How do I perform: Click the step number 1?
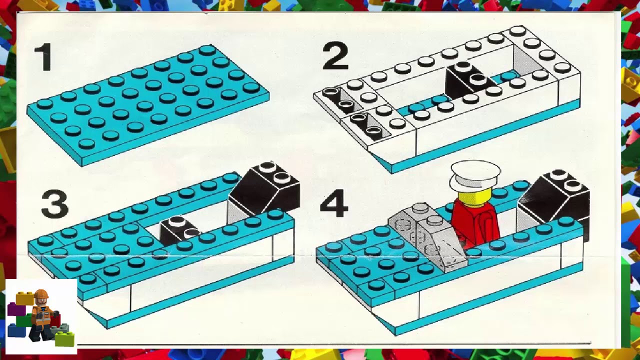tap(43, 57)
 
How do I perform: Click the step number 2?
tap(335, 56)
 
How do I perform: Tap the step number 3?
tap(54, 205)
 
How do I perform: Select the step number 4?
tap(333, 205)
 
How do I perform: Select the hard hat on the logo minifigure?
tap(41, 294)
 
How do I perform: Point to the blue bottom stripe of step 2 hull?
tap(480, 137)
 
